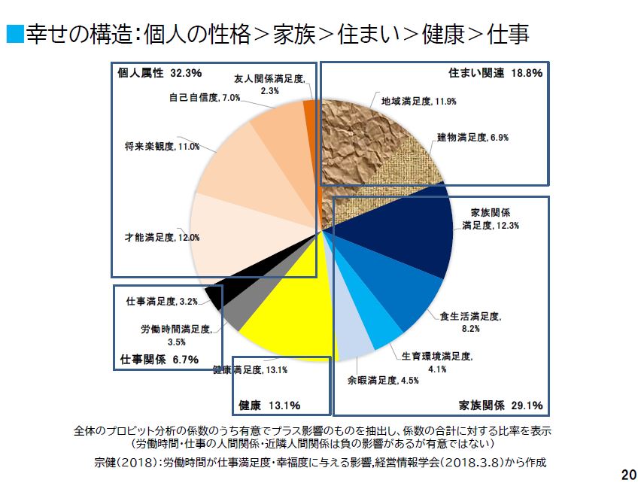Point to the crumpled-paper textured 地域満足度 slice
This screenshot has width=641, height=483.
tap(354, 135)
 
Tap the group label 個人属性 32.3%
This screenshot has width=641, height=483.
tap(159, 73)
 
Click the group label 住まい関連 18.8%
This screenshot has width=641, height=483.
tap(495, 73)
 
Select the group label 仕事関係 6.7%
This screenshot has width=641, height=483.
tap(159, 359)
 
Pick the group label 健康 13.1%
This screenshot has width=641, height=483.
tap(269, 406)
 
